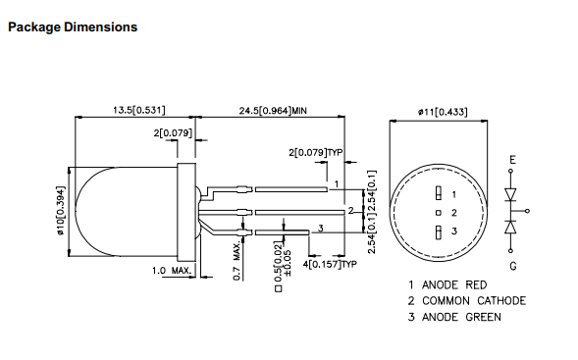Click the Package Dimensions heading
pos(72,26)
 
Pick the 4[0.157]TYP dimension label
pos(330,264)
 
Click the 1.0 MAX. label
pos(170,269)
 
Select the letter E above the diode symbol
pos(511,159)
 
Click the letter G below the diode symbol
pos(511,265)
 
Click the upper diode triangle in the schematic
pos(511,193)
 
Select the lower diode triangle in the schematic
pos(511,228)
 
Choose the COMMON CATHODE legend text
pos(473,300)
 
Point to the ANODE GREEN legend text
pos(461,316)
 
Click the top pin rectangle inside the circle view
pos(439,192)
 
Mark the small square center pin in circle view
pos(439,211)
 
